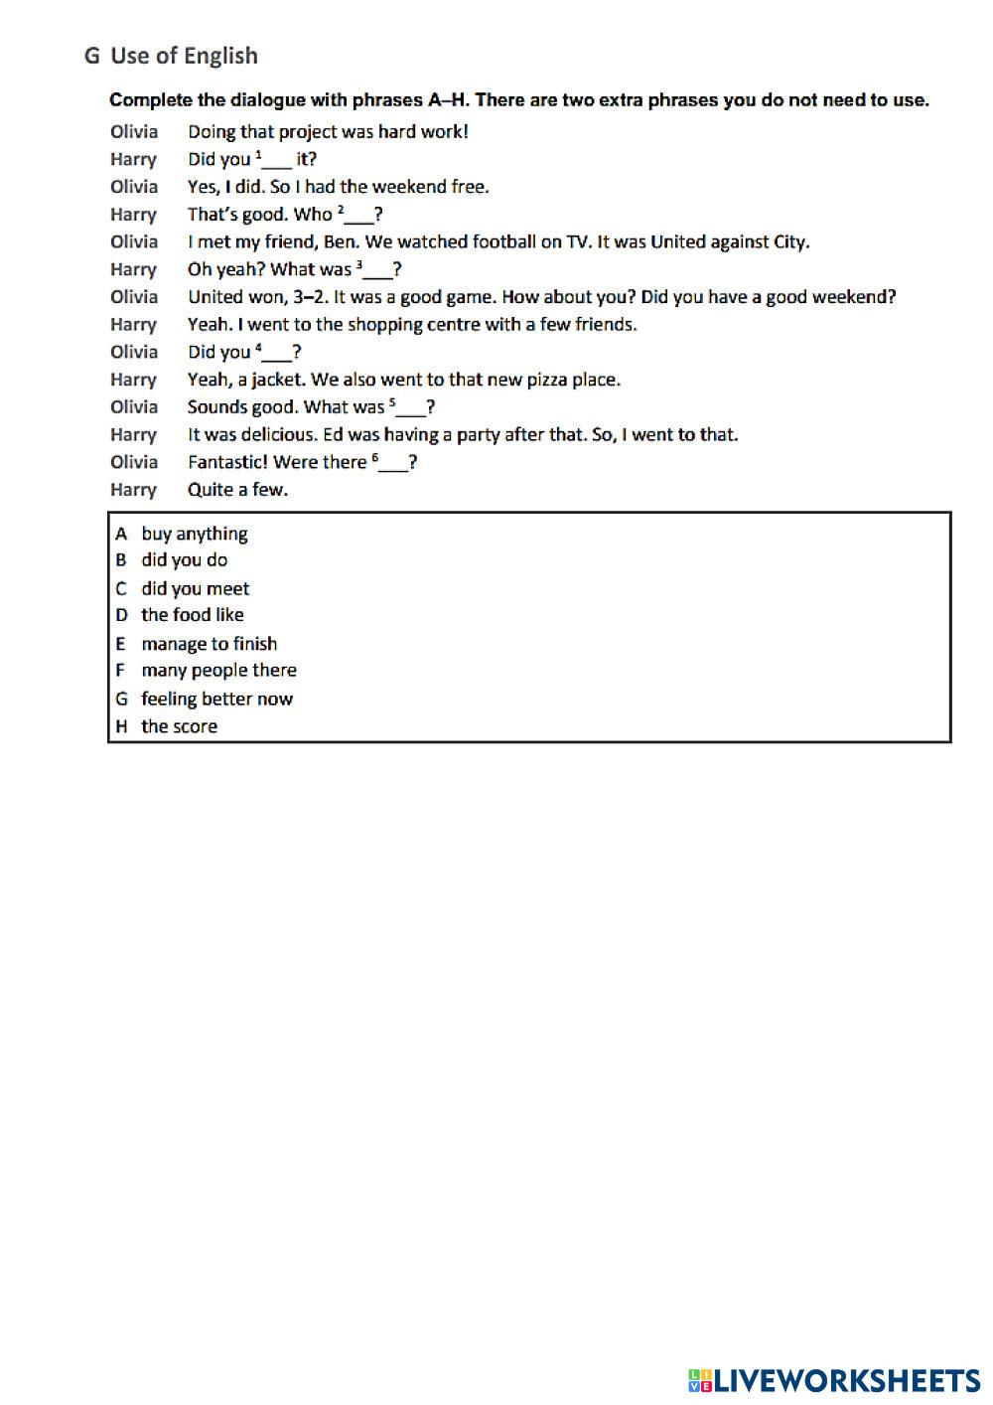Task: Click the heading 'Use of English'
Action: click(x=184, y=56)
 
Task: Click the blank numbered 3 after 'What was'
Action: click(x=378, y=273)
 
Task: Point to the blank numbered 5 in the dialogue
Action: click(x=411, y=410)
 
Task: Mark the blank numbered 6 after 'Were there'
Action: click(x=393, y=466)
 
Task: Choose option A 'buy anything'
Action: click(x=194, y=534)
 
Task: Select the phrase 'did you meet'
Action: click(x=195, y=588)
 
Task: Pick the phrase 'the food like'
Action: click(x=192, y=615)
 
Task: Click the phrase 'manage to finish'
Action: click(x=209, y=644)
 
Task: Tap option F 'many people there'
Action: click(x=218, y=671)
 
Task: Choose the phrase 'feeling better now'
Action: click(x=216, y=699)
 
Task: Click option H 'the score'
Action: click(x=179, y=726)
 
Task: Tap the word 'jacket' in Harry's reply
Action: click(x=277, y=380)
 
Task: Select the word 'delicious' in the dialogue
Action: click(x=270, y=434)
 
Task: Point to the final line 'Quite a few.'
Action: click(x=237, y=489)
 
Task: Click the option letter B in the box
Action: click(x=121, y=560)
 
